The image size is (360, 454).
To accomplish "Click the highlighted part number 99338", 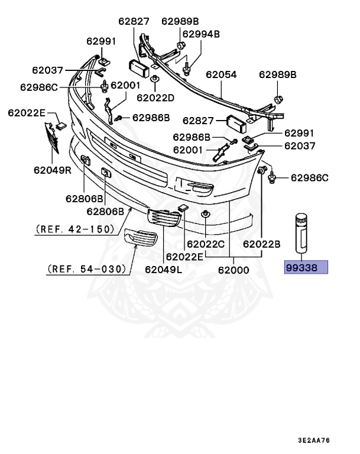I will tap(306, 268).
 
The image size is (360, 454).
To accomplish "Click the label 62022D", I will tap(155, 97).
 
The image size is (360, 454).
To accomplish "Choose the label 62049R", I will tap(53, 171).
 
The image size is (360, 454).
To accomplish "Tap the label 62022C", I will tap(206, 244).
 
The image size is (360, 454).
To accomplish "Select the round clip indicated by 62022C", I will tap(205, 214).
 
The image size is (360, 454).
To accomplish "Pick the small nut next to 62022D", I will tap(154, 79).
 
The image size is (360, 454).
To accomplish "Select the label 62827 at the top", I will tap(134, 21).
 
